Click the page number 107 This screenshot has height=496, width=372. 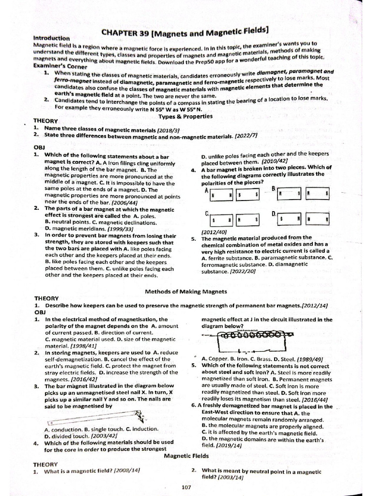(x=186, y=487)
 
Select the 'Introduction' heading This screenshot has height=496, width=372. (x=52, y=37)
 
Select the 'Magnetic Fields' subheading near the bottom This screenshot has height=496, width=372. (x=186, y=456)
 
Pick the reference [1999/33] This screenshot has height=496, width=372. (x=121, y=229)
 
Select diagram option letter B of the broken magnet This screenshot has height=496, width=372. (x=273, y=188)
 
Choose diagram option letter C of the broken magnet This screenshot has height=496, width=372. (x=207, y=214)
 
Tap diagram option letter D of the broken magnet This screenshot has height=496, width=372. (x=274, y=214)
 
